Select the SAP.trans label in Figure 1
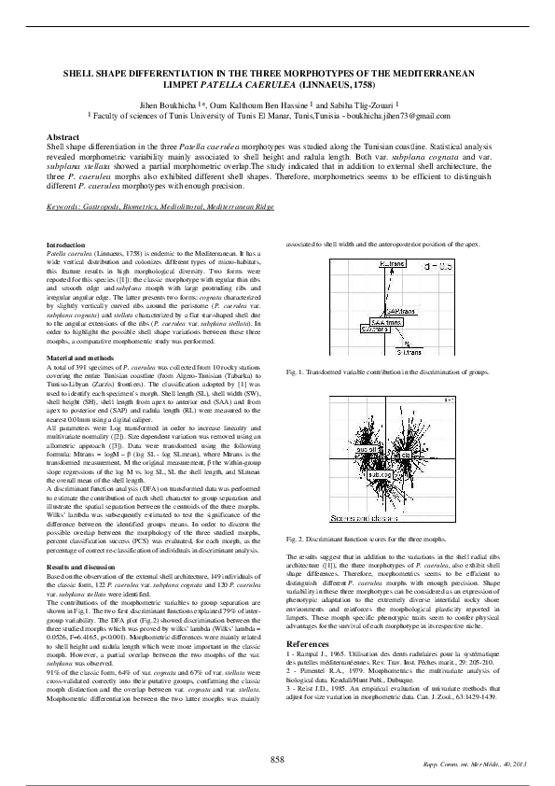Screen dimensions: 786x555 pos(400,310)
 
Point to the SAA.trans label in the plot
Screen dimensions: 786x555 pos(384,321)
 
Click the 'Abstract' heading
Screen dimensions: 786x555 pos(62,137)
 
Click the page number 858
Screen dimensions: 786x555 pos(277,758)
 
